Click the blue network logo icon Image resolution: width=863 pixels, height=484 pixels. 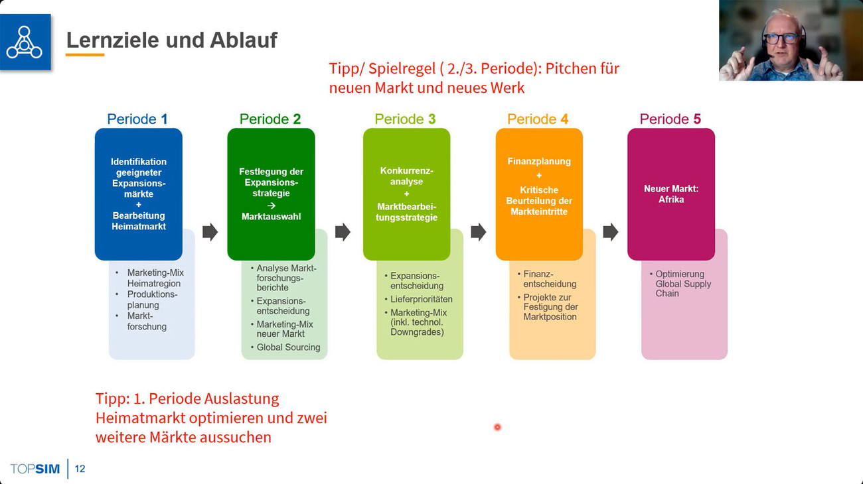pyautogui.click(x=25, y=42)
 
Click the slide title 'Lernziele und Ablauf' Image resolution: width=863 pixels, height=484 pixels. pyautogui.click(x=172, y=40)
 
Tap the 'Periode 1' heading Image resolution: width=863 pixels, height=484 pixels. pyautogui.click(x=137, y=119)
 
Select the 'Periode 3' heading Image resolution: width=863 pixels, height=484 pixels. pyautogui.click(x=405, y=119)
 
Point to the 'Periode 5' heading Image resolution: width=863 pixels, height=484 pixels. pyautogui.click(x=670, y=119)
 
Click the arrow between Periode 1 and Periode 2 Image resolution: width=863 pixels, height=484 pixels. pyautogui.click(x=210, y=231)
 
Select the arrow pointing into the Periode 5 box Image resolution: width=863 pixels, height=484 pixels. pyautogui.click(x=611, y=231)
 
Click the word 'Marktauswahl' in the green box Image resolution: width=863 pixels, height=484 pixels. pyautogui.click(x=272, y=217)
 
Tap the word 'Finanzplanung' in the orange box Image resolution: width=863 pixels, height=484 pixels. pyautogui.click(x=539, y=161)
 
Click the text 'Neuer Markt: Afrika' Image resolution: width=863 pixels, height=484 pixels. pyautogui.click(x=671, y=194)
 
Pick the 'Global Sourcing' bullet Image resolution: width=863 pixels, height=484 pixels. pyautogui.click(x=288, y=347)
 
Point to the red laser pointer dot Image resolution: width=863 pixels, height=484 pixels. pyautogui.click(x=497, y=427)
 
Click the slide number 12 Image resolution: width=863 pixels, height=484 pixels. pyautogui.click(x=80, y=469)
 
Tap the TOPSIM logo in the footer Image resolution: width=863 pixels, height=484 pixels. pyautogui.click(x=35, y=469)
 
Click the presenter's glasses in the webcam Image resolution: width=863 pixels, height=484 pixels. pyautogui.click(x=781, y=38)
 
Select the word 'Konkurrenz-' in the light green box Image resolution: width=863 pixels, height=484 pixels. pyautogui.click(x=406, y=170)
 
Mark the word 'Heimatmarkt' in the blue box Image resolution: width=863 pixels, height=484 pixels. pyautogui.click(x=139, y=226)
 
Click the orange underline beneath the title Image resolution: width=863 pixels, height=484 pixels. pyautogui.click(x=85, y=54)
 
